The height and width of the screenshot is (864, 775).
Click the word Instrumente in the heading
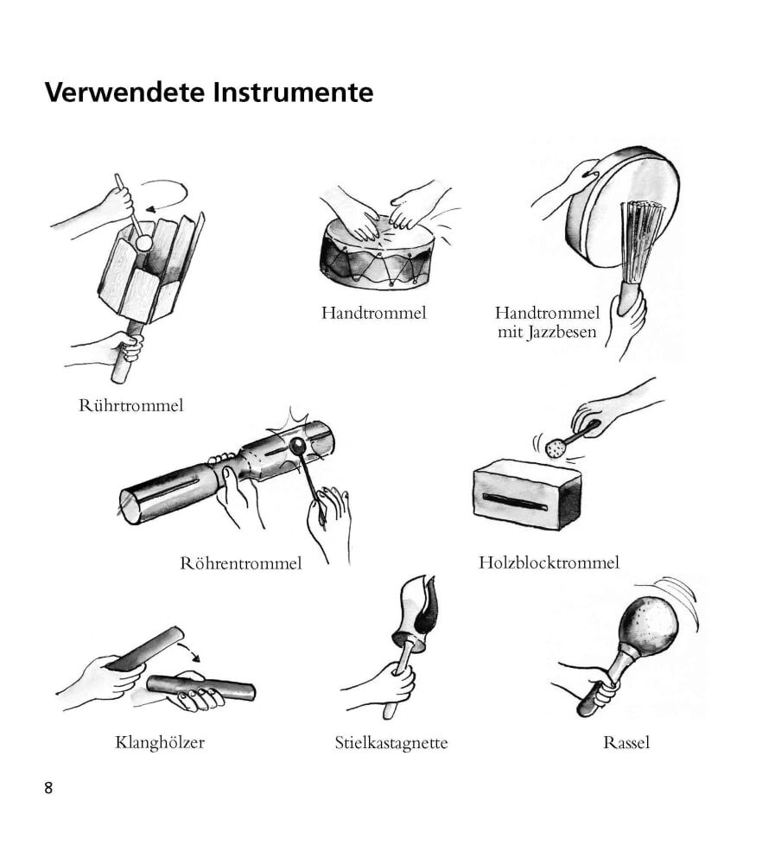pos(293,92)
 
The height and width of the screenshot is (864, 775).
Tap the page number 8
pos(48,788)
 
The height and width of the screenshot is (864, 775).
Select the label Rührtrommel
pos(130,405)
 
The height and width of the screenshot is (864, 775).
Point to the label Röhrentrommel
pos(241,563)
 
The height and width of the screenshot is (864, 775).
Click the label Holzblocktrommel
pos(549,562)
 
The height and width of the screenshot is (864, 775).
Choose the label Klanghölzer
pos(160,742)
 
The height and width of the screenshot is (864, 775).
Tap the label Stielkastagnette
pos(391,743)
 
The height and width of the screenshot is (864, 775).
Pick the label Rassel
pos(626,743)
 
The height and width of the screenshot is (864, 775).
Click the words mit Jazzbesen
pos(547,333)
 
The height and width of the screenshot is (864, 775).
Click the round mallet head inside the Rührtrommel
pos(143,243)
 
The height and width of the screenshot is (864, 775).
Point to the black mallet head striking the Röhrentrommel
pos(298,445)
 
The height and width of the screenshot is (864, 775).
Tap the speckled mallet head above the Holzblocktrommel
pos(555,448)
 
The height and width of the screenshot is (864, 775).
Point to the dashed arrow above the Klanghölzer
pos(191,648)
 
